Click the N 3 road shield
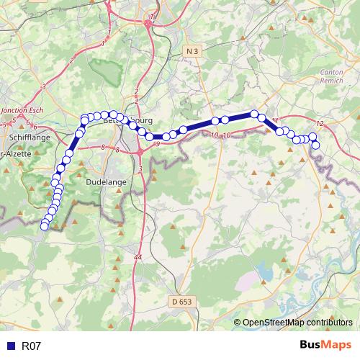(x=191, y=51)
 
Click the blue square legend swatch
(x=11, y=346)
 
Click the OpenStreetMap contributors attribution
(x=297, y=323)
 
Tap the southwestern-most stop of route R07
(x=44, y=227)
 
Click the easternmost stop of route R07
(x=315, y=146)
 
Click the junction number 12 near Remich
(x=320, y=124)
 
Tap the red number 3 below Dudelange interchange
(x=140, y=168)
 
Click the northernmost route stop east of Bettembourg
(x=254, y=114)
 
